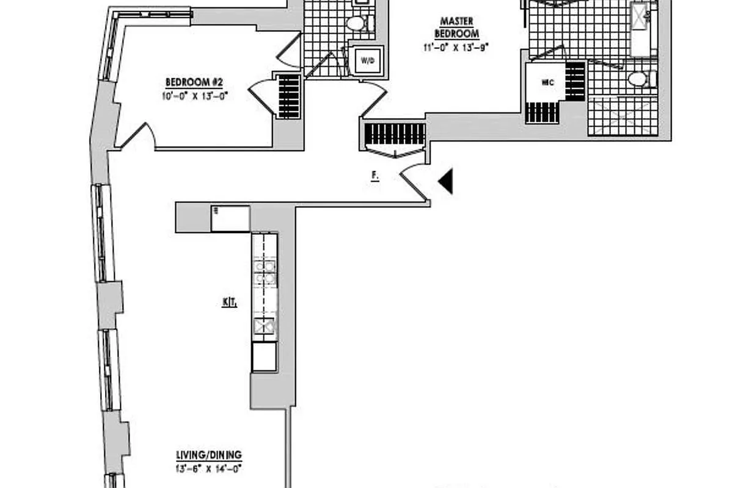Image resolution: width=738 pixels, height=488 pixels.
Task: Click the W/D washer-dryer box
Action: click(x=367, y=60)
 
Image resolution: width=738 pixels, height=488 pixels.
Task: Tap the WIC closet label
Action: click(x=547, y=81)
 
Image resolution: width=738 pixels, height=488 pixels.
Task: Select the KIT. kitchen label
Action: click(x=230, y=302)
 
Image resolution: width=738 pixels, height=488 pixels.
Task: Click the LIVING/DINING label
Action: click(x=209, y=455)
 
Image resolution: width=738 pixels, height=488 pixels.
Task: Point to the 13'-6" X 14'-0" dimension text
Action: click(x=209, y=468)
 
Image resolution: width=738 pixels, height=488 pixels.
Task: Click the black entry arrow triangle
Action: click(x=447, y=182)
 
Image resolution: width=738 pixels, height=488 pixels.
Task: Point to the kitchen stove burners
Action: click(x=265, y=273)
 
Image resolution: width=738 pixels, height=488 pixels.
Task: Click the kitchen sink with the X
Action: click(x=265, y=328)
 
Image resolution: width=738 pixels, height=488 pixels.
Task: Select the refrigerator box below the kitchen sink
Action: click(x=265, y=356)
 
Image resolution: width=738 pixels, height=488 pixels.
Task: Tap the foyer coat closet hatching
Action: click(x=395, y=134)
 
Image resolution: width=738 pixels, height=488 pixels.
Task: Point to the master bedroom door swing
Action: click(x=374, y=101)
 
